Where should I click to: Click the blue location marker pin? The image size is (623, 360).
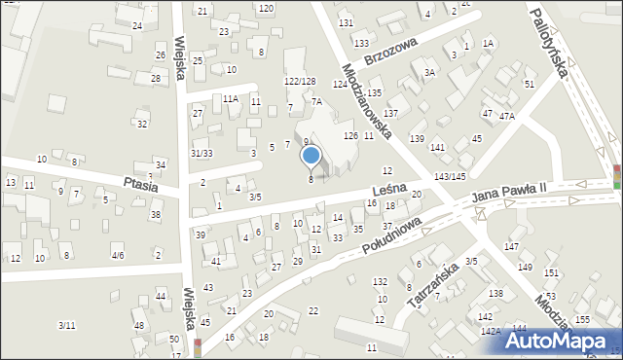311,156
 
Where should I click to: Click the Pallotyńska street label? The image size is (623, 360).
550,44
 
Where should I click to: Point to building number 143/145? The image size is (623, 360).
450,176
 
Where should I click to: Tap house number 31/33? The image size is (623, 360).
202,153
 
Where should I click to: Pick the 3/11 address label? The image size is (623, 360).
66,325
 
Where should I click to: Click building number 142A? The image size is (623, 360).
491,331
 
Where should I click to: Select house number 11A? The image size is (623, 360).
230,99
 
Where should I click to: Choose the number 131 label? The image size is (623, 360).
346,22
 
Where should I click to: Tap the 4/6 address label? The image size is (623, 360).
117,255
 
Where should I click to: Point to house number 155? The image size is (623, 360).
582,319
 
